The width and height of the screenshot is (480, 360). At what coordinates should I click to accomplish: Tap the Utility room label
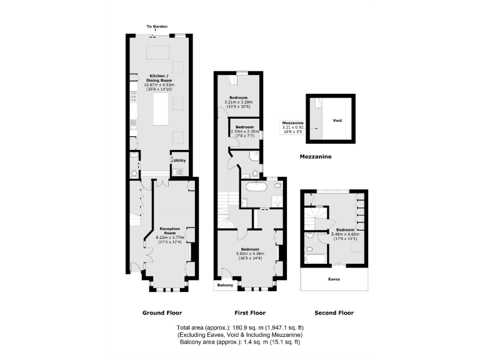click(179, 161)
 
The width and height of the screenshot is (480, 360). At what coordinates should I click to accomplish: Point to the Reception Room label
click(169, 229)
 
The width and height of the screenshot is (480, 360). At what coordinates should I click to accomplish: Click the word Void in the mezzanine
click(337, 121)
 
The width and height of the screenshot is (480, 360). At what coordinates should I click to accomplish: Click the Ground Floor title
click(161, 312)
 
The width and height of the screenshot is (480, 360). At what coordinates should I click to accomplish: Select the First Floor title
click(249, 312)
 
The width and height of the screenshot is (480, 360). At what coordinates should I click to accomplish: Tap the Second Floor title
click(334, 312)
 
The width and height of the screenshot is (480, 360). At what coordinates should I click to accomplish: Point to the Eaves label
click(334, 279)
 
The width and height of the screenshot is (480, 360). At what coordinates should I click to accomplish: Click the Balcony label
click(225, 286)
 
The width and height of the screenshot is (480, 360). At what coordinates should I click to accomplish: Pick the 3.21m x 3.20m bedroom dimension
click(237, 102)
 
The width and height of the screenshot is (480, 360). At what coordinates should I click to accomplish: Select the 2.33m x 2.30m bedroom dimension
click(244, 131)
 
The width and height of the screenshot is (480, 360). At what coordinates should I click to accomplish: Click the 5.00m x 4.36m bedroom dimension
click(250, 253)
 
